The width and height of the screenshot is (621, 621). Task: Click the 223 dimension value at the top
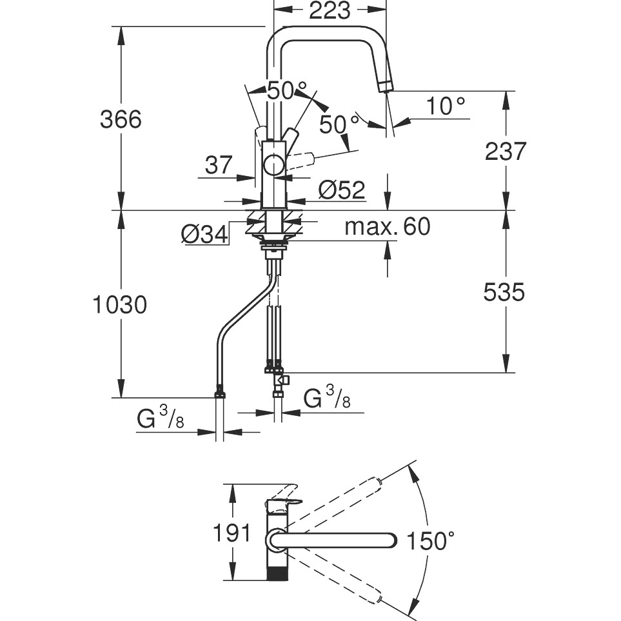tap(330, 11)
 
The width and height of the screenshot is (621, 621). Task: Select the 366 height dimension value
tap(121, 119)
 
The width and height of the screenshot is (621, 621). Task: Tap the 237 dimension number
tap(505, 152)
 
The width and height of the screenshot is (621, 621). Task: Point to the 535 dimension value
tap(504, 293)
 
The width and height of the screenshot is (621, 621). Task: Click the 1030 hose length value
tap(119, 304)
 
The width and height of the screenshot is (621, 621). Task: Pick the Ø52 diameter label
tap(342, 190)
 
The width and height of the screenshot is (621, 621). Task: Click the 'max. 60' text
tap(387, 227)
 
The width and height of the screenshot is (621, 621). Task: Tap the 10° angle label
tap(445, 106)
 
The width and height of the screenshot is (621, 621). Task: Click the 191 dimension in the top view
tap(232, 533)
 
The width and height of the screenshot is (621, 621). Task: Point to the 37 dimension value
tap(219, 166)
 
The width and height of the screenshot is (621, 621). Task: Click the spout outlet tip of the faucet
tap(385, 86)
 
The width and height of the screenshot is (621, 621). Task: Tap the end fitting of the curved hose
tap(219, 391)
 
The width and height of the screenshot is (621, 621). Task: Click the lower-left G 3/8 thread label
tap(161, 420)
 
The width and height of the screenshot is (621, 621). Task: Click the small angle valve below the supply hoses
tap(281, 380)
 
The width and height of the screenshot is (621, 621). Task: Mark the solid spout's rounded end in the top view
tap(393, 540)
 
